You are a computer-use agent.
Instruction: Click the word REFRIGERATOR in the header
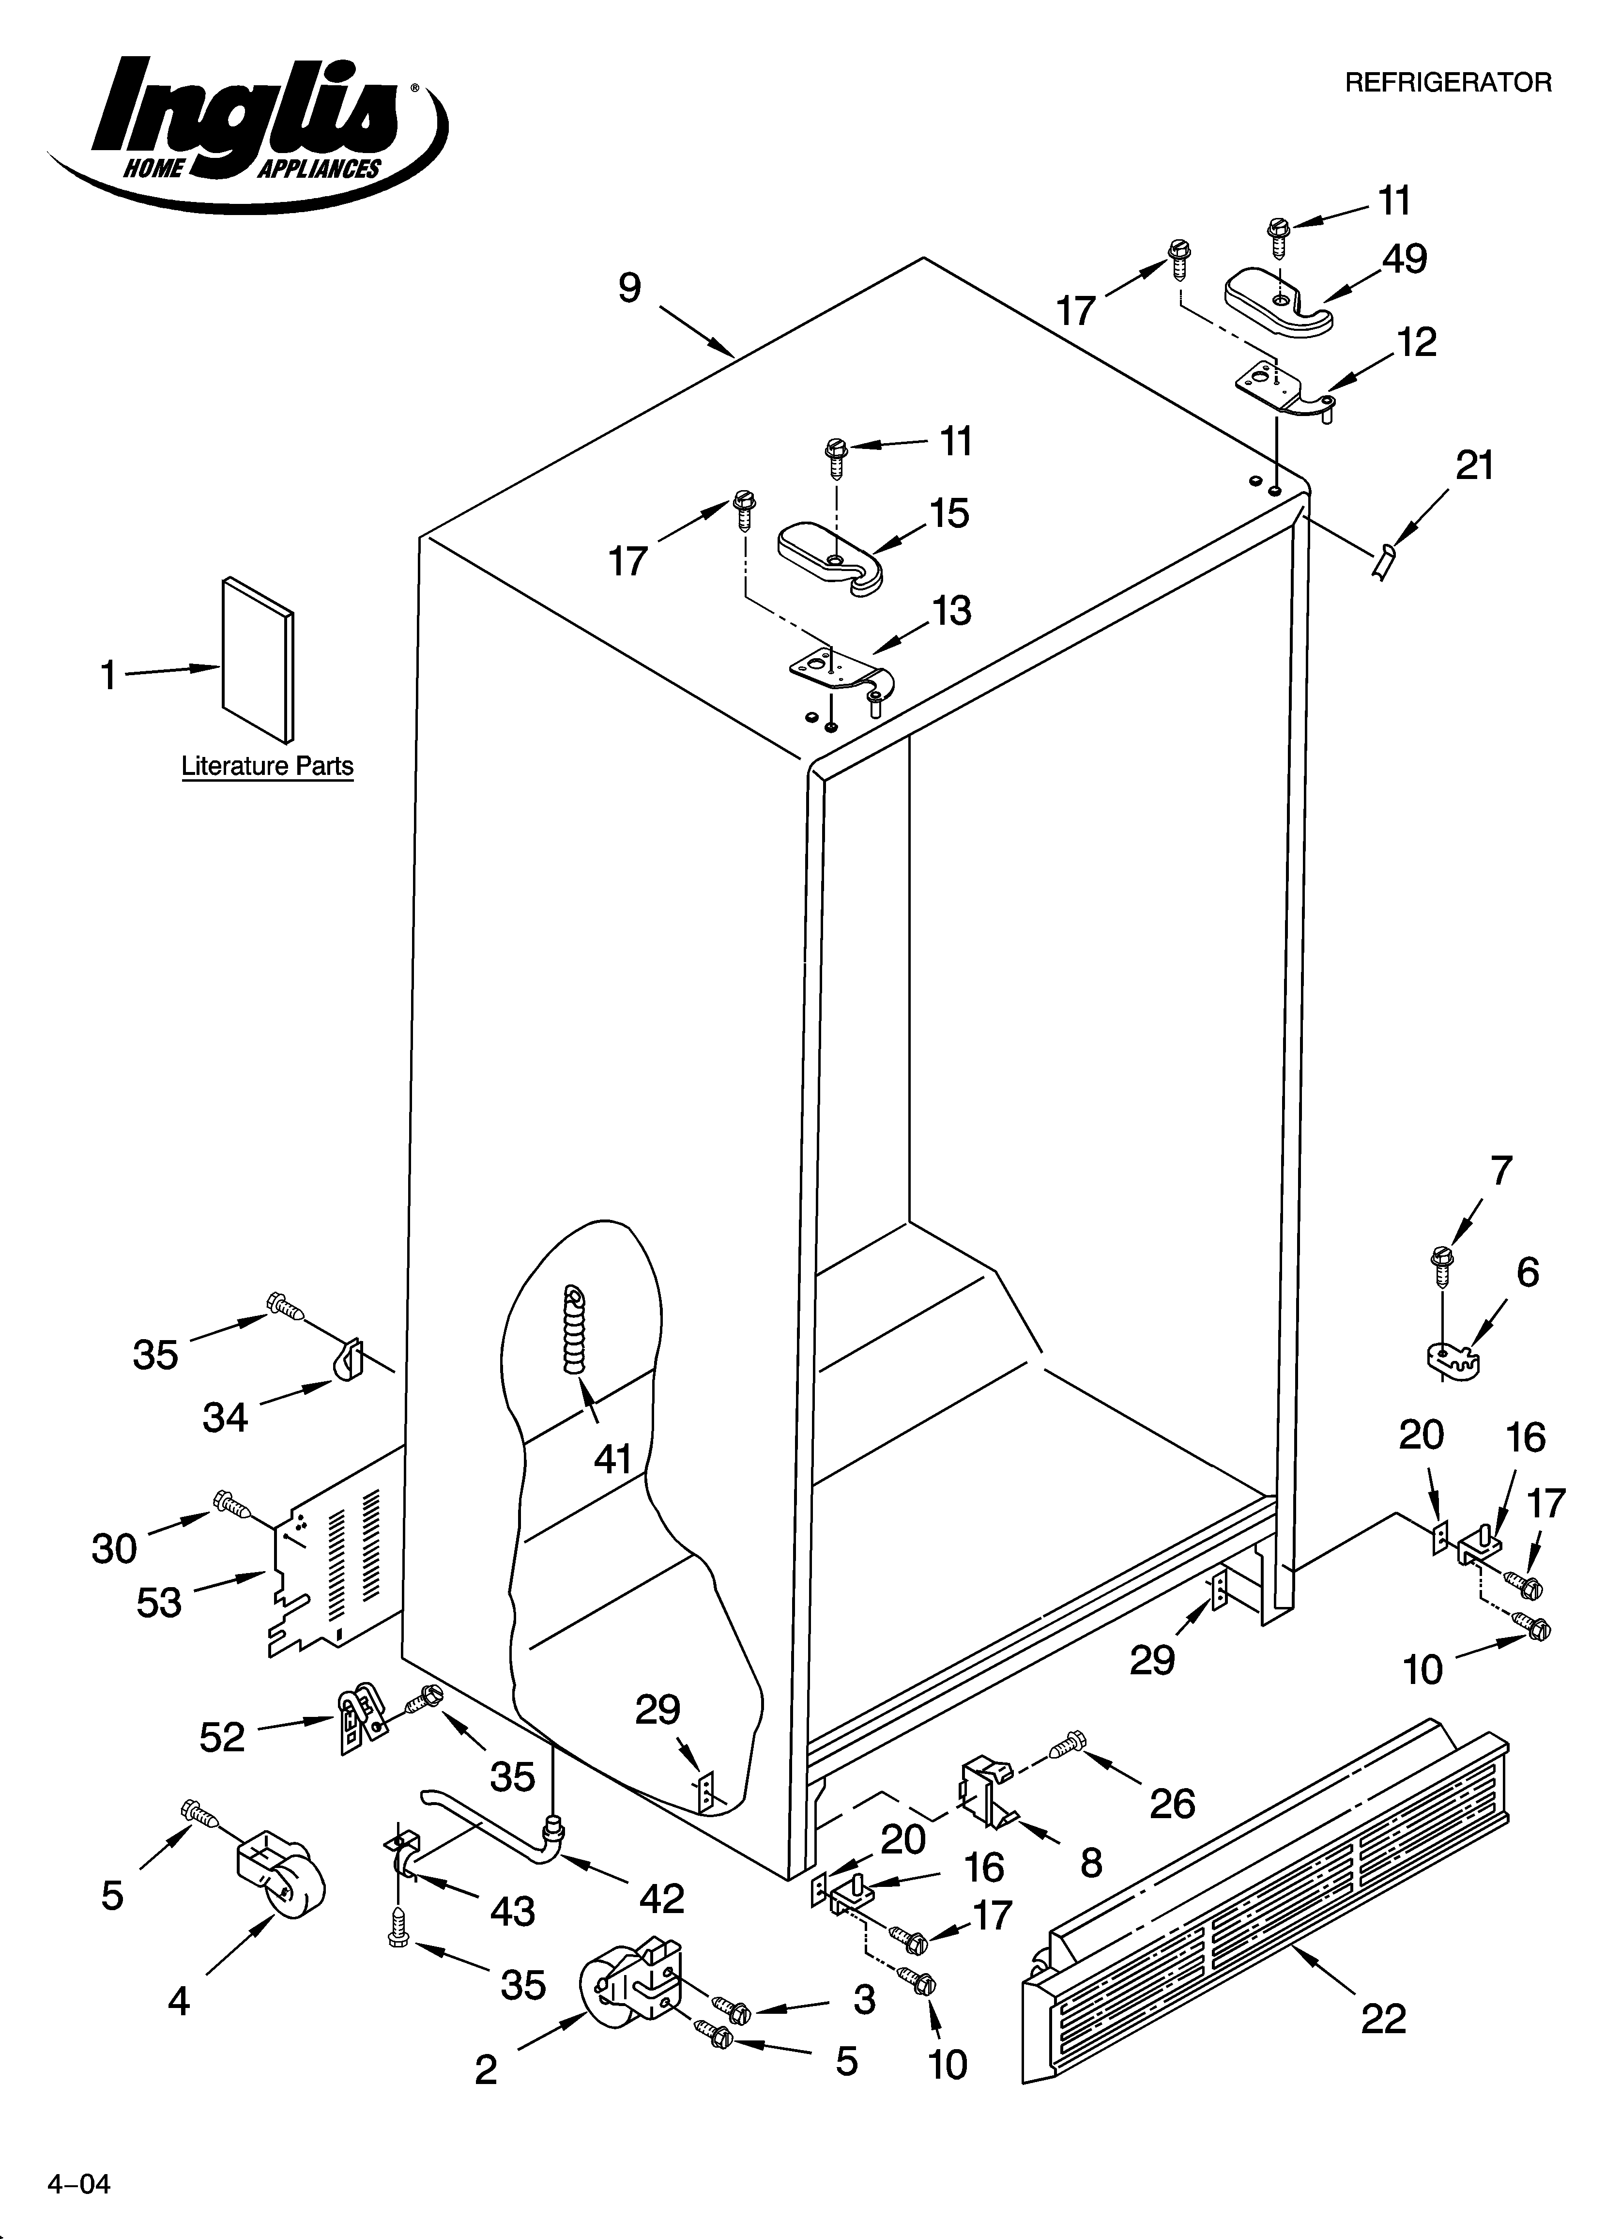click(1448, 83)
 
